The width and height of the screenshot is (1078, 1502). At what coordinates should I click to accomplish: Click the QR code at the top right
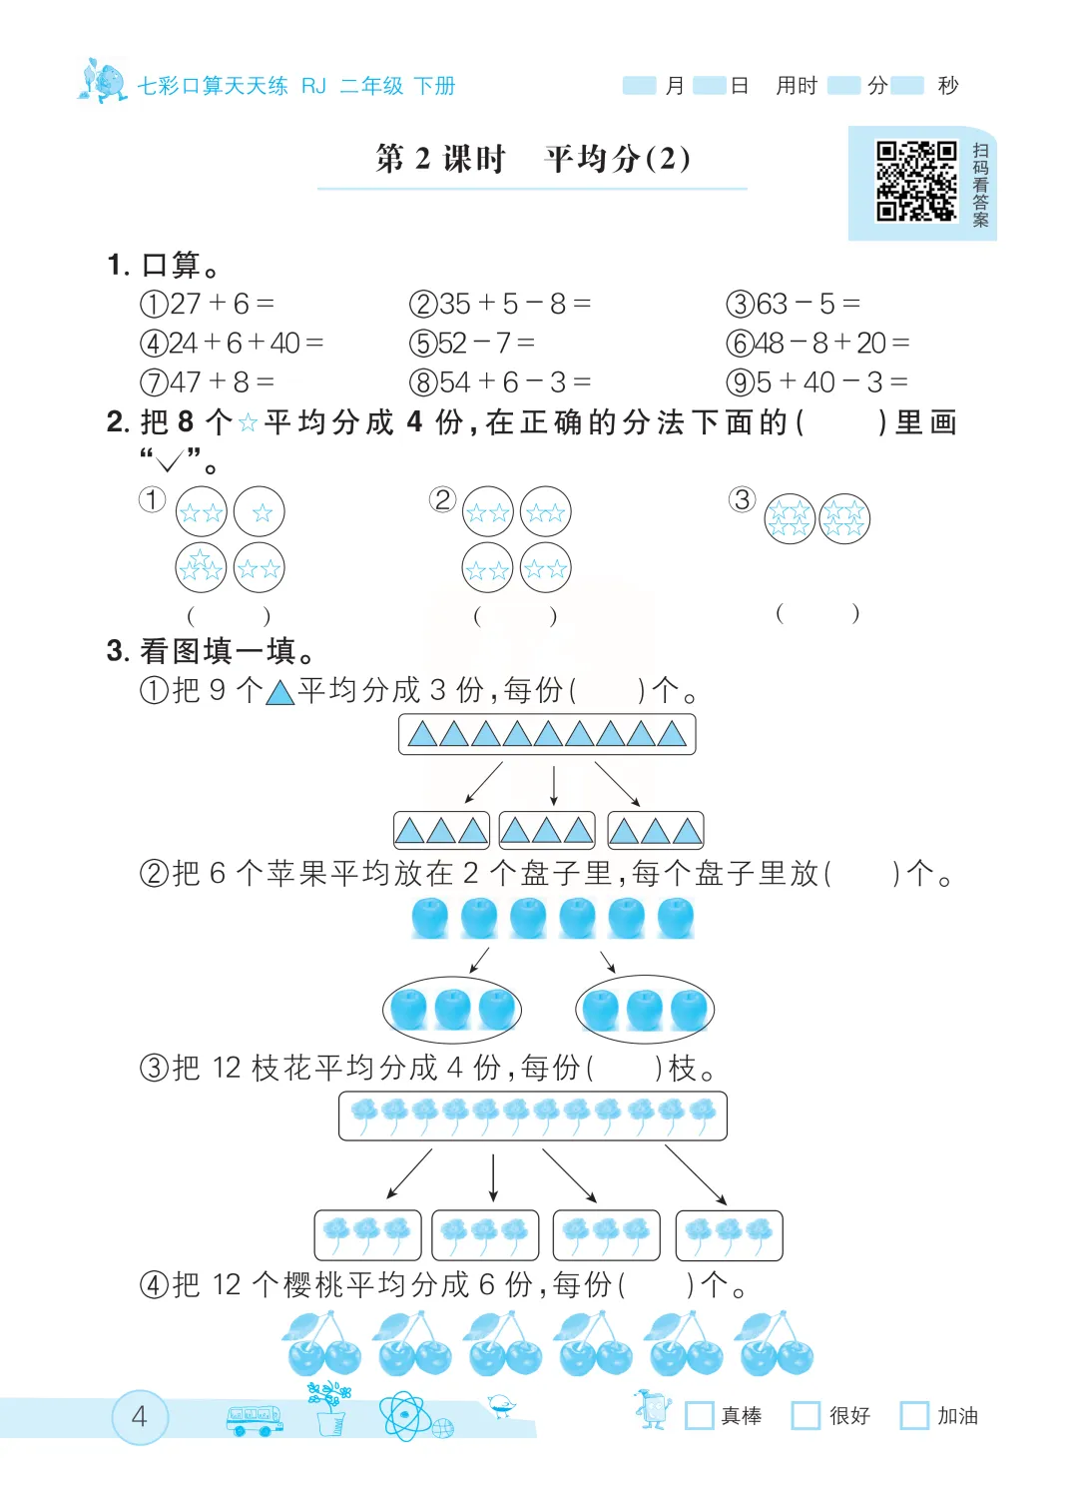pyautogui.click(x=916, y=181)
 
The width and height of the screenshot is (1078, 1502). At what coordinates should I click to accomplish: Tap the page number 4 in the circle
pyautogui.click(x=139, y=1416)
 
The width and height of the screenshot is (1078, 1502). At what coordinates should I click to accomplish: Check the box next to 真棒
pyautogui.click(x=700, y=1415)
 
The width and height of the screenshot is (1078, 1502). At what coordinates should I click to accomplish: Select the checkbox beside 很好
pyautogui.click(x=806, y=1415)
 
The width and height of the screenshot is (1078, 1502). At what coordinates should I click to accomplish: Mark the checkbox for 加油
pyautogui.click(x=913, y=1415)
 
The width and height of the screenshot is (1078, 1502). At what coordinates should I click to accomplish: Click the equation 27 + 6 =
pyautogui.click(x=208, y=304)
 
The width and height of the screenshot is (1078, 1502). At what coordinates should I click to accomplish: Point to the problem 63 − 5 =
pyautogui.click(x=794, y=304)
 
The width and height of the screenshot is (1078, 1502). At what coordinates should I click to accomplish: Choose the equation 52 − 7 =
pyautogui.click(x=472, y=344)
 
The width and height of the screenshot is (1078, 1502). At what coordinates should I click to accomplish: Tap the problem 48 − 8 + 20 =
pyautogui.click(x=818, y=344)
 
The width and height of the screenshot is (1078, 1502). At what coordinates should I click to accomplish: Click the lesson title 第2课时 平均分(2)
pyautogui.click(x=533, y=159)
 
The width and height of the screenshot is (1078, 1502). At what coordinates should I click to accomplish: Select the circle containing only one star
pyautogui.click(x=260, y=512)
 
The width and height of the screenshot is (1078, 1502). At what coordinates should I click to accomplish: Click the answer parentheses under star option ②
pyautogui.click(x=515, y=616)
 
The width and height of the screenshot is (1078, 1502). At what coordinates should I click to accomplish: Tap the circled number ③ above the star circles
pyautogui.click(x=742, y=499)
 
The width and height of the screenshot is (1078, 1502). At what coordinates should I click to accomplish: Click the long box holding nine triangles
pyautogui.click(x=547, y=735)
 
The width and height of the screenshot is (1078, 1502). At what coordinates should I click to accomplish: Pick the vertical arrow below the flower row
pyautogui.click(x=493, y=1177)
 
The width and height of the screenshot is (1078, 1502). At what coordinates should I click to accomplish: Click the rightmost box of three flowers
pyautogui.click(x=729, y=1235)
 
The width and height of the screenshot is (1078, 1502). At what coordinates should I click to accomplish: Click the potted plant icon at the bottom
pyautogui.click(x=330, y=1409)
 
